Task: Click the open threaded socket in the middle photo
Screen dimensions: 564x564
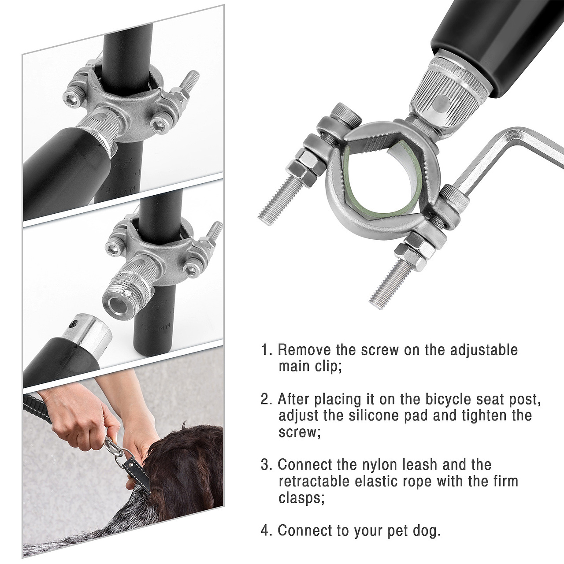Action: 119,302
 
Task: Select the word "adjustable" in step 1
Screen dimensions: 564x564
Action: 484,350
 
